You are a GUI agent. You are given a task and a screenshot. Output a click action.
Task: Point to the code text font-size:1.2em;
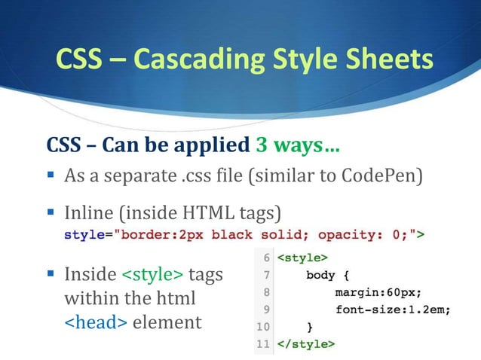click(x=393, y=310)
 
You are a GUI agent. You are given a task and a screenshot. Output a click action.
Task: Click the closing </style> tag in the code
click(x=306, y=344)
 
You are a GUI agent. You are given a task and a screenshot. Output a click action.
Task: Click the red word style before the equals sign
click(x=84, y=235)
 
